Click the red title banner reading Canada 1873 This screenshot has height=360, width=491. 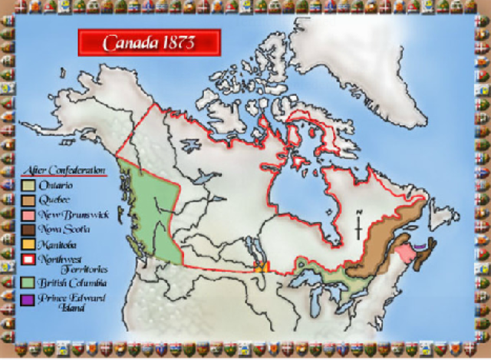coord(149,42)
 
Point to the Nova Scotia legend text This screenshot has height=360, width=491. coord(66,229)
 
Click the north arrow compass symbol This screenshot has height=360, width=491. coord(359,226)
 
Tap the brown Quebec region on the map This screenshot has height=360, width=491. coord(384,246)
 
